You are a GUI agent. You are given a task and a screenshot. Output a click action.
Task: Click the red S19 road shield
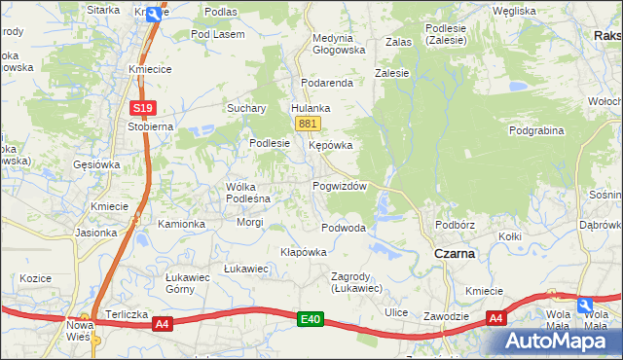[x=142, y=108]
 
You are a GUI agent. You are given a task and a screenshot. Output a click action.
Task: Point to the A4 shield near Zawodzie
[x=495, y=318]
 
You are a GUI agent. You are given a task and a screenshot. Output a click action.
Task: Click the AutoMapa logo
[x=561, y=342]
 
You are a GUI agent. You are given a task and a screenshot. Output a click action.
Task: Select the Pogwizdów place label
[x=339, y=186]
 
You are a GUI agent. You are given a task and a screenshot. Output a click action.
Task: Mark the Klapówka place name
[x=303, y=251]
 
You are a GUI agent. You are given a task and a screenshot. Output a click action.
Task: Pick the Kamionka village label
[x=182, y=224]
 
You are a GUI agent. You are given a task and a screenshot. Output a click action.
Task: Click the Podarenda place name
[x=326, y=84]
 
